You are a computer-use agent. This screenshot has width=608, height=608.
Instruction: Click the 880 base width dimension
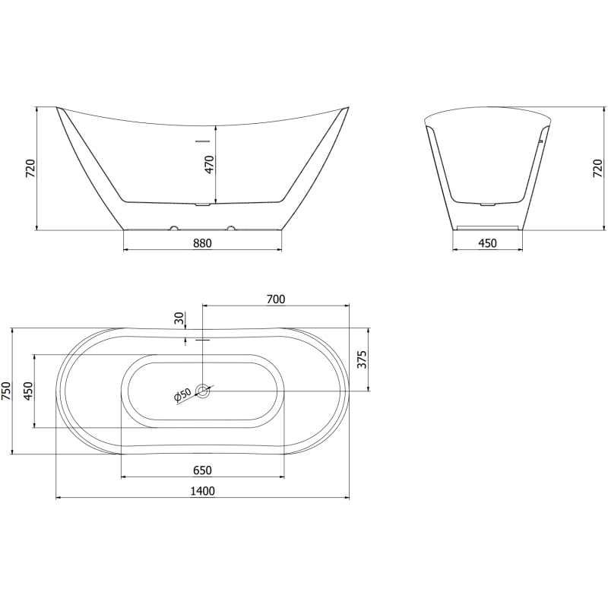(x=201, y=243)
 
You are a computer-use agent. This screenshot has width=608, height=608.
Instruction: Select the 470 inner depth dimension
(x=210, y=163)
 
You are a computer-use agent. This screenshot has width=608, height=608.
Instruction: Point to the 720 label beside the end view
(x=597, y=169)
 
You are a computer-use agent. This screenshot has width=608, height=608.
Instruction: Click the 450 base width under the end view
(x=486, y=243)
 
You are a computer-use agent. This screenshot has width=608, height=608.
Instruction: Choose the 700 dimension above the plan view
(x=275, y=299)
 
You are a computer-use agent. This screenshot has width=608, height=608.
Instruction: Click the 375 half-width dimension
(x=362, y=359)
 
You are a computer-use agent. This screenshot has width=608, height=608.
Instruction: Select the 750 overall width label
(x=6, y=391)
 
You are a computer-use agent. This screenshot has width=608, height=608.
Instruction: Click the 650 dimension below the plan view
(x=202, y=470)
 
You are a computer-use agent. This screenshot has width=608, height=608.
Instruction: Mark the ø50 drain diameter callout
(x=182, y=396)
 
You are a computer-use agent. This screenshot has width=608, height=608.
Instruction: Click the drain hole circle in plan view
(x=203, y=391)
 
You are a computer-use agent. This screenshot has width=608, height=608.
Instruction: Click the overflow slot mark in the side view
(x=202, y=141)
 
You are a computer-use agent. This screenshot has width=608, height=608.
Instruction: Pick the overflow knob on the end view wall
(x=540, y=141)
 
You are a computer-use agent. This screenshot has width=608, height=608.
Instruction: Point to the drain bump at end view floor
(x=487, y=204)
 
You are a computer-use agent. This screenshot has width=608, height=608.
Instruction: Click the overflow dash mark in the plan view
(x=202, y=340)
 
